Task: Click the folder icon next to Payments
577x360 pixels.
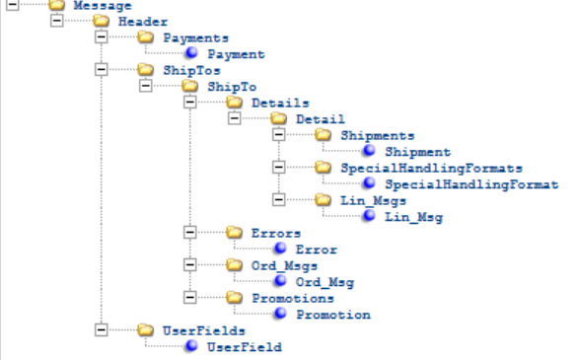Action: coord(146,37)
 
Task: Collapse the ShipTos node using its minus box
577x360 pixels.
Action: coord(100,70)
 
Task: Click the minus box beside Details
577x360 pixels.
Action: coord(188,103)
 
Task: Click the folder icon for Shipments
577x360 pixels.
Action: coord(325,135)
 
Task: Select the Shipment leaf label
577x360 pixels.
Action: coord(417,152)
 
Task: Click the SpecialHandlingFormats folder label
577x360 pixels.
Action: coord(431,168)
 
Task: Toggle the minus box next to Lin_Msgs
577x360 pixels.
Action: coord(279,200)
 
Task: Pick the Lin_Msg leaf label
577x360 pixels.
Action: coord(413,216)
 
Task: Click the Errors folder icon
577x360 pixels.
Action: coord(235,233)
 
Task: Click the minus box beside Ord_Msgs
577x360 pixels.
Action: coord(188,265)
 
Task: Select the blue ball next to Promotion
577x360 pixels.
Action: coord(280,315)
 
